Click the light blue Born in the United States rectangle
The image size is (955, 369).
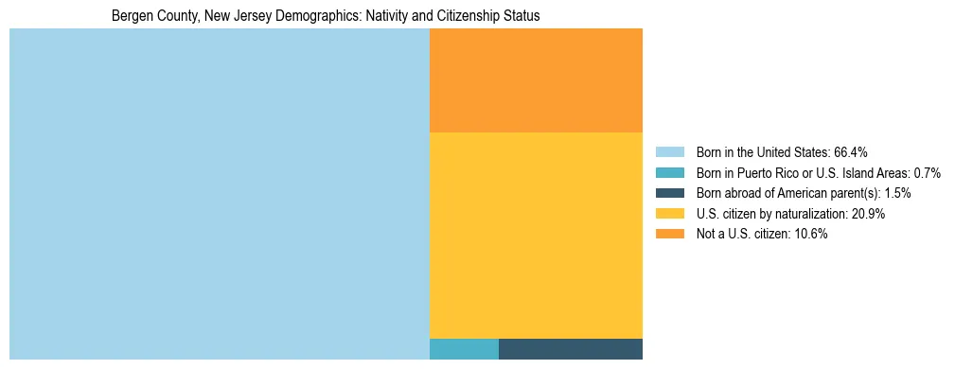(x=219, y=194)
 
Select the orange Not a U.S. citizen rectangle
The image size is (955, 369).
(x=536, y=80)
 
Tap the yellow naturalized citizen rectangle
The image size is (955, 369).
(x=536, y=235)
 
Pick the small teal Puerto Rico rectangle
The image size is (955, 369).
(x=464, y=349)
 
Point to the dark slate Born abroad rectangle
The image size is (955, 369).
(x=570, y=349)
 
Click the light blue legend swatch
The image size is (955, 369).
(x=669, y=152)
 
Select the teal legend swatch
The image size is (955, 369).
(x=669, y=173)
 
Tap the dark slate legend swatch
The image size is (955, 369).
(x=669, y=193)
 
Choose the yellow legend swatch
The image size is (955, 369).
(x=669, y=214)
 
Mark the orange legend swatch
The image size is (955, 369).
(x=669, y=235)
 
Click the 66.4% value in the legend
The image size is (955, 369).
(x=851, y=152)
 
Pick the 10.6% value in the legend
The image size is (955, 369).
(x=811, y=235)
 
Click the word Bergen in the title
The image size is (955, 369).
(x=130, y=17)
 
